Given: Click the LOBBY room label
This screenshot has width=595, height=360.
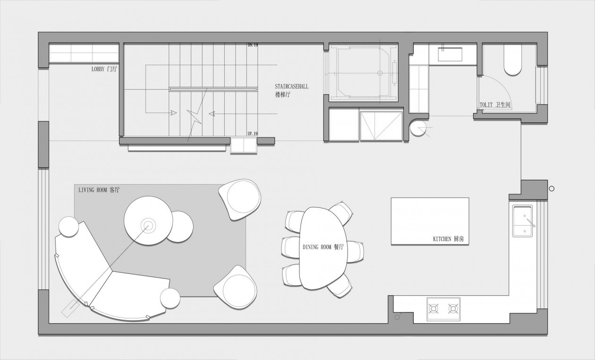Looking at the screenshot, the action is coord(104,69).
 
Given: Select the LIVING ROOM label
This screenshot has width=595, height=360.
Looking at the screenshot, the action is coord(99,190).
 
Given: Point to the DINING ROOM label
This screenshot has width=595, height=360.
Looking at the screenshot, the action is coord(323,247).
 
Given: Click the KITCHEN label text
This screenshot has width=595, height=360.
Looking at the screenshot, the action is coord(449,239).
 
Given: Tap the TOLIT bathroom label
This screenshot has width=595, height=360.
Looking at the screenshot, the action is coord(495,105).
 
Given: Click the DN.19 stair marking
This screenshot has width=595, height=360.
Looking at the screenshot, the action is coord(253,45).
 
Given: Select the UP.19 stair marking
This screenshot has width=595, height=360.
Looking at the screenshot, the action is coord(253,134).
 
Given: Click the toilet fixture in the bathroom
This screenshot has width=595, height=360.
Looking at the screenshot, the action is coord(512,60).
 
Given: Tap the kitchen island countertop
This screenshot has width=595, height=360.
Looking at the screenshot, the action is coord(430,221).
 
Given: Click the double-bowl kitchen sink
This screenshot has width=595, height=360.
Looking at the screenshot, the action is coord(522,221).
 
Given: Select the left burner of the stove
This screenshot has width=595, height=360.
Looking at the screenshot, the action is coord(433,309).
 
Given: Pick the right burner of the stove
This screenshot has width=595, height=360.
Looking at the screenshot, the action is coord(453,309).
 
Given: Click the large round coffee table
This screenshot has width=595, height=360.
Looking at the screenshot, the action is coord(148,221).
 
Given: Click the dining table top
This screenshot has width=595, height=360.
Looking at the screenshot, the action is coord(323,248).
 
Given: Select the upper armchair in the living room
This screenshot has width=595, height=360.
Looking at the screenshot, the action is coord(240,199).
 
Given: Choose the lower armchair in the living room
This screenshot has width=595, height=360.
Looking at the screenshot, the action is coord(235,288).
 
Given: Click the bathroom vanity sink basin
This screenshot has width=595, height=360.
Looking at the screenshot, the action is coord(450,54).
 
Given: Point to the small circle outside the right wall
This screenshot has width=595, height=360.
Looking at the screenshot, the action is coord(552,189).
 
